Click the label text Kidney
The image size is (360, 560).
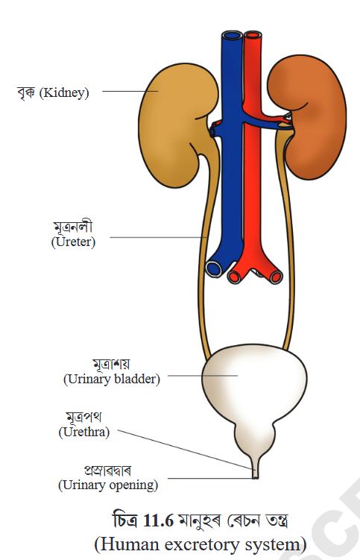(x=64, y=93)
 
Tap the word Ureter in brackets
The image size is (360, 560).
(x=73, y=242)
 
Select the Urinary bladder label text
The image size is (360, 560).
(x=112, y=379)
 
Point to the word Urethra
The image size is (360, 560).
(x=84, y=432)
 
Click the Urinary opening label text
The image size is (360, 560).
(x=108, y=485)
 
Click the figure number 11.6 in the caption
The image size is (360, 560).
(x=158, y=520)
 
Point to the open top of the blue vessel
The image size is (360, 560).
(x=232, y=35)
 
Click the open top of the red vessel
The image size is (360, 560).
(x=253, y=36)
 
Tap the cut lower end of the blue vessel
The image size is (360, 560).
(x=214, y=268)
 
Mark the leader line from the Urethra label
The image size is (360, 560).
(x=186, y=450)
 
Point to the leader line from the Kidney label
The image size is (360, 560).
(x=130, y=91)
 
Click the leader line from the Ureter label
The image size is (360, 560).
(x=159, y=237)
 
